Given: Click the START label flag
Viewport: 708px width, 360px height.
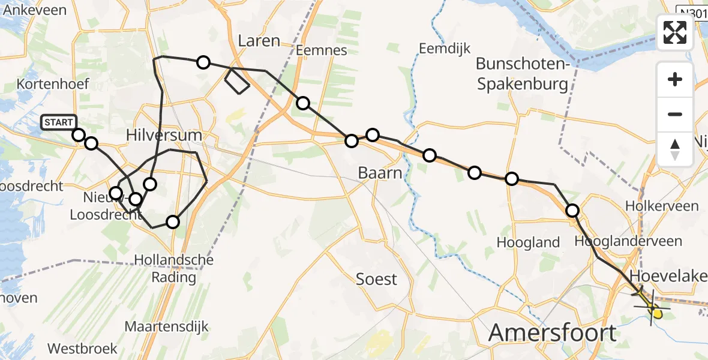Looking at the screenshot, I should pyautogui.click(x=59, y=122).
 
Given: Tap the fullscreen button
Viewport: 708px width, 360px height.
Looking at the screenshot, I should pyautogui.click(x=675, y=32).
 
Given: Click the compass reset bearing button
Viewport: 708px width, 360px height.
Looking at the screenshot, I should pyautogui.click(x=675, y=149).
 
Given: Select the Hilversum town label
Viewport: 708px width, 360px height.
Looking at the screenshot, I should pyautogui.click(x=164, y=135).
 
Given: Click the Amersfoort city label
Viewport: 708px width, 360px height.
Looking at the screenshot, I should pyautogui.click(x=553, y=332).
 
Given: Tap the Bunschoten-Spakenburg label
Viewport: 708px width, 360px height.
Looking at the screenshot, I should pyautogui.click(x=522, y=74).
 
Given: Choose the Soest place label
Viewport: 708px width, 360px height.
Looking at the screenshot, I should pyautogui.click(x=376, y=279).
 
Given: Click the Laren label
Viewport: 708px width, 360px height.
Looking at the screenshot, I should pyautogui.click(x=259, y=41).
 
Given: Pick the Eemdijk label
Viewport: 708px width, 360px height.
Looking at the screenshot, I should pyautogui.click(x=445, y=49).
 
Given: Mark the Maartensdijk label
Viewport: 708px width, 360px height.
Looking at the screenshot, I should pyautogui.click(x=167, y=327).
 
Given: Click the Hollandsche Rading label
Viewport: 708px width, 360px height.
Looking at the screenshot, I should pyautogui.click(x=173, y=269).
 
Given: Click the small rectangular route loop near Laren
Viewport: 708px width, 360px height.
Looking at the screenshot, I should pyautogui.click(x=236, y=82).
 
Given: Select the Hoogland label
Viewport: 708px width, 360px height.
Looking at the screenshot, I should pyautogui.click(x=529, y=242).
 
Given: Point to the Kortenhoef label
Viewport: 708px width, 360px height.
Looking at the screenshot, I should pyautogui.click(x=53, y=83).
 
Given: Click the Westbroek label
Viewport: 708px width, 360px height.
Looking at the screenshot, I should pyautogui.click(x=78, y=348).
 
